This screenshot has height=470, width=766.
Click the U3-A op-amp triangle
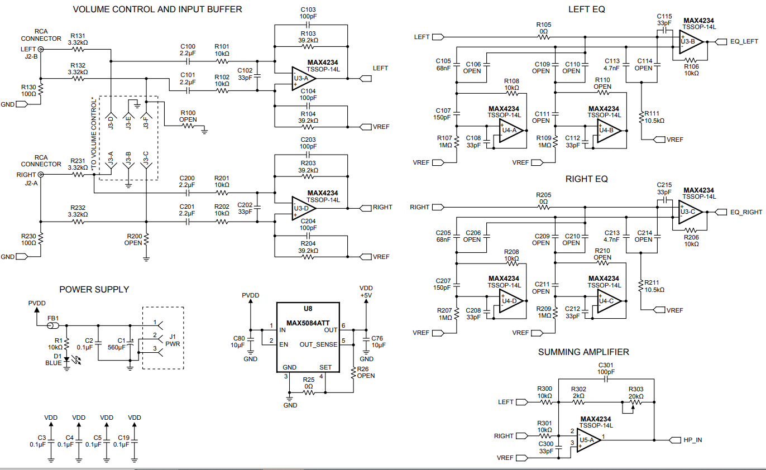click(303, 79)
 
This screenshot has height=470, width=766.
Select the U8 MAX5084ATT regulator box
click(308, 337)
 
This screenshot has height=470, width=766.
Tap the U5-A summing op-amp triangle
click(589, 440)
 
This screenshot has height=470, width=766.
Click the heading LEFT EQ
click(586, 9)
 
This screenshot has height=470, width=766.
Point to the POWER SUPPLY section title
click(94, 290)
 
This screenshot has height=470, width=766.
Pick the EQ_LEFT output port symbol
click(721, 42)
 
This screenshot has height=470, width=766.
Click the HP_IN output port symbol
click(674, 440)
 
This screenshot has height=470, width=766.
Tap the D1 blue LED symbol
click(66, 359)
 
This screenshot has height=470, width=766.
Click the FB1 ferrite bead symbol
click(52, 326)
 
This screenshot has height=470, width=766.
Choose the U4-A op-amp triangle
click(511, 131)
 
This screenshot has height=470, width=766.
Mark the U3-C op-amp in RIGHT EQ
click(691, 212)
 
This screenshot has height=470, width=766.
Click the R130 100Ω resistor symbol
click(41, 89)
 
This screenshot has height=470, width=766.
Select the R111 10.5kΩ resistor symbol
click(641, 117)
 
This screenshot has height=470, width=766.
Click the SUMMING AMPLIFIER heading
click(583, 352)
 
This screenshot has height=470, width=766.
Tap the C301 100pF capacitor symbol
click(606, 379)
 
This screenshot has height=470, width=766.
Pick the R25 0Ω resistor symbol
click(308, 393)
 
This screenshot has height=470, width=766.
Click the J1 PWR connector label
click(173, 340)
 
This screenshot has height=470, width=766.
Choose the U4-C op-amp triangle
click(610, 301)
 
